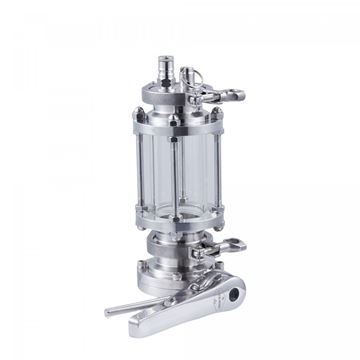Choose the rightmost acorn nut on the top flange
click(x=219, y=117)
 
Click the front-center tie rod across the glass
click(x=172, y=170)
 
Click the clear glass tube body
click(x=190, y=170)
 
